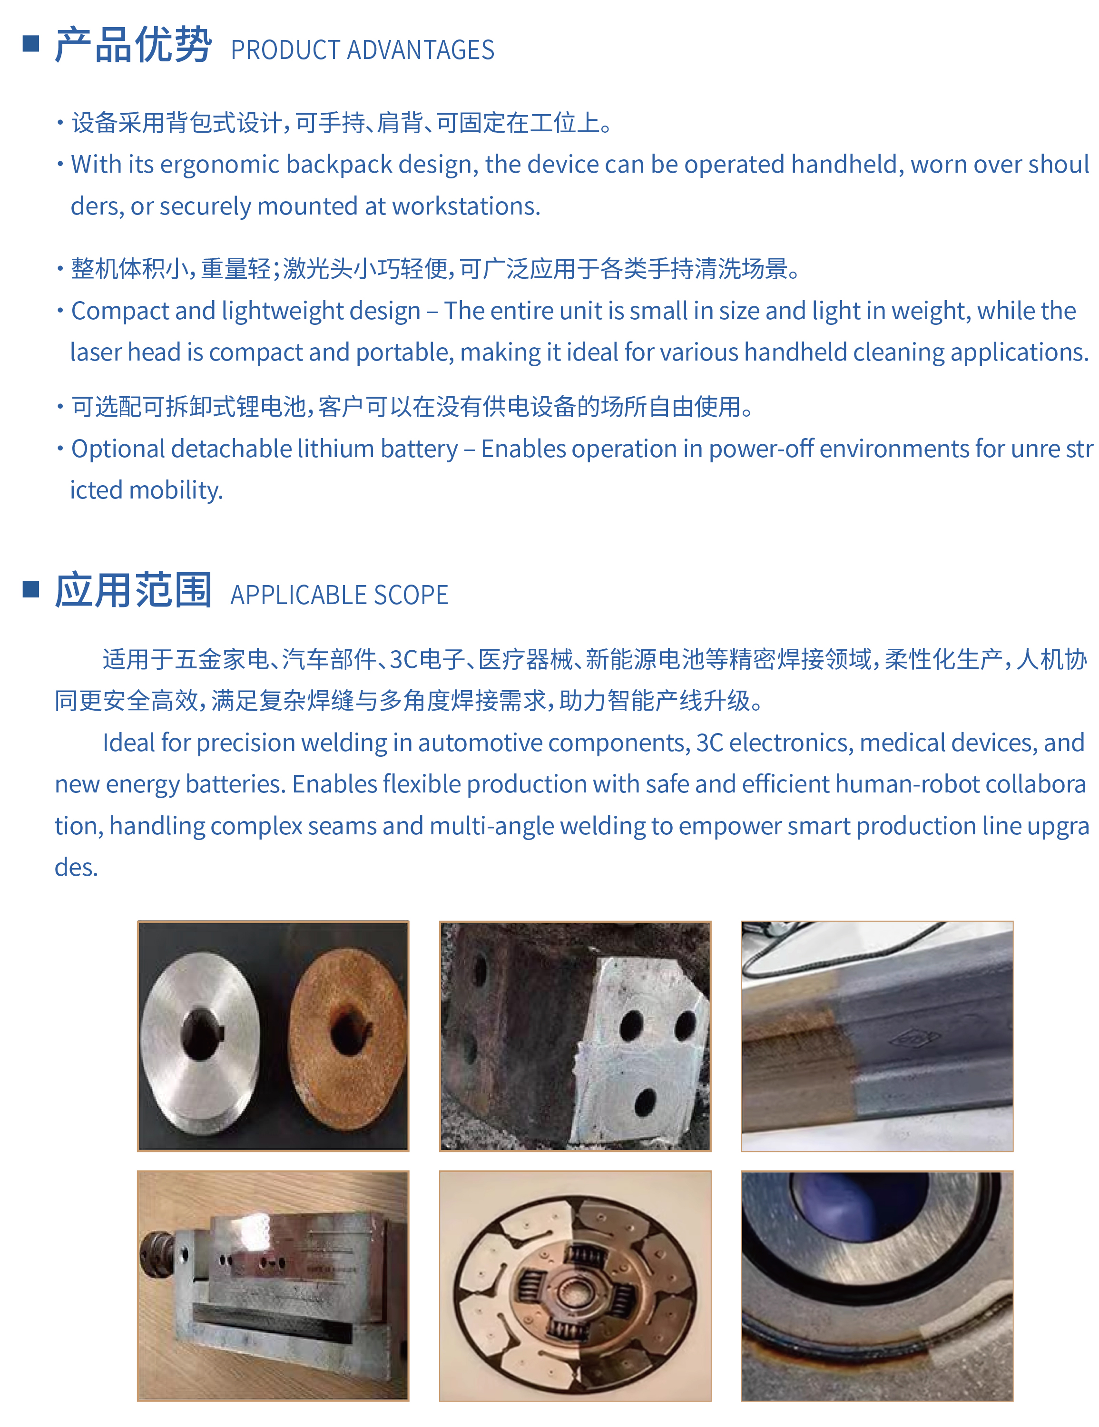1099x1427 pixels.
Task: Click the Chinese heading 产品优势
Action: [x=133, y=46]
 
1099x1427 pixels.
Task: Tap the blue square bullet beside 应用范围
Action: [x=31, y=589]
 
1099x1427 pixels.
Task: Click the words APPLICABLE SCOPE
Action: [x=339, y=595]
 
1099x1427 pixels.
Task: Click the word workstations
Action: [x=465, y=206]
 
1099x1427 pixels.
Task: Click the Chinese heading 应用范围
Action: [x=133, y=591]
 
